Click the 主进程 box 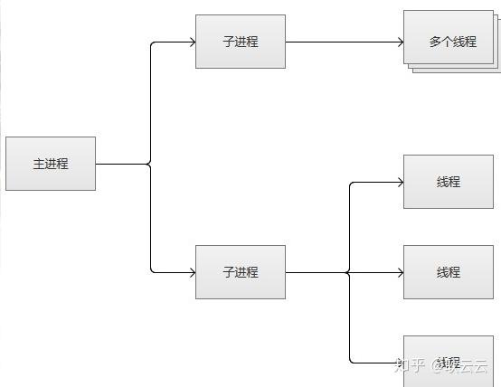pos(51,164)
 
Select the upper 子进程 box pos(241,42)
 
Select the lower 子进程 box pos(241,272)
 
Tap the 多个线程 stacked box pos(452,40)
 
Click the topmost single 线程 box pos(449,182)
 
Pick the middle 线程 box pos(449,272)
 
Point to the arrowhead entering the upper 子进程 pos(192,42)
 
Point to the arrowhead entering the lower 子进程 pos(192,272)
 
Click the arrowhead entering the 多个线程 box pos(400,42)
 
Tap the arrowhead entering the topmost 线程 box pos(400,182)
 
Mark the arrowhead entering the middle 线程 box pos(400,272)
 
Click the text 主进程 pos(51,165)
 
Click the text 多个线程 pos(452,42)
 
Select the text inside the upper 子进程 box pos(241,42)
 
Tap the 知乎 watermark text pos(411,365)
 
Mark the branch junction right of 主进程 pos(150,164)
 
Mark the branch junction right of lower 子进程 pos(349,272)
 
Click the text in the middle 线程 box pos(449,272)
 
